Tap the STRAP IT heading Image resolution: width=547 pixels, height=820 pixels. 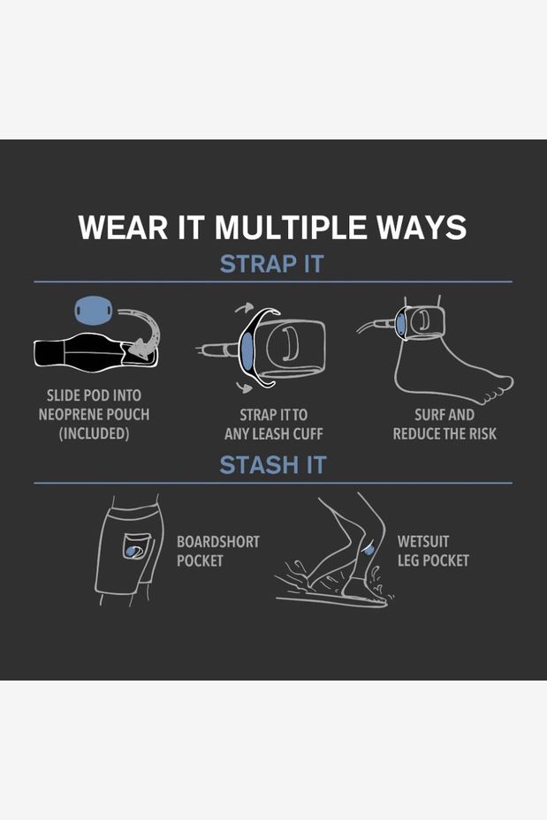[x=271, y=264]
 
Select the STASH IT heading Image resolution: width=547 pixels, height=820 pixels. [x=273, y=465]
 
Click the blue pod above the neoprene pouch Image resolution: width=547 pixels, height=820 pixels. [x=93, y=310]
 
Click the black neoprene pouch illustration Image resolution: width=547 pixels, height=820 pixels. [x=95, y=353]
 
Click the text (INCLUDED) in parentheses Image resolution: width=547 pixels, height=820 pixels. [x=94, y=433]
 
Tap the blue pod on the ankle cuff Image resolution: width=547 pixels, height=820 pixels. [x=400, y=324]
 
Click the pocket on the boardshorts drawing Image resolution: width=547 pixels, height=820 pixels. [x=136, y=546]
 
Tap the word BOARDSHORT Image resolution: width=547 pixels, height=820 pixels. [x=217, y=542]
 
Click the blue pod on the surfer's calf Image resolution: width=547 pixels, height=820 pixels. [x=368, y=549]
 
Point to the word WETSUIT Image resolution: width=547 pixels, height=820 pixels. [x=423, y=542]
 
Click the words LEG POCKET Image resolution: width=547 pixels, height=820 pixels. [x=433, y=560]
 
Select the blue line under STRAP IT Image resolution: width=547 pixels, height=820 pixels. [x=273, y=282]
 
